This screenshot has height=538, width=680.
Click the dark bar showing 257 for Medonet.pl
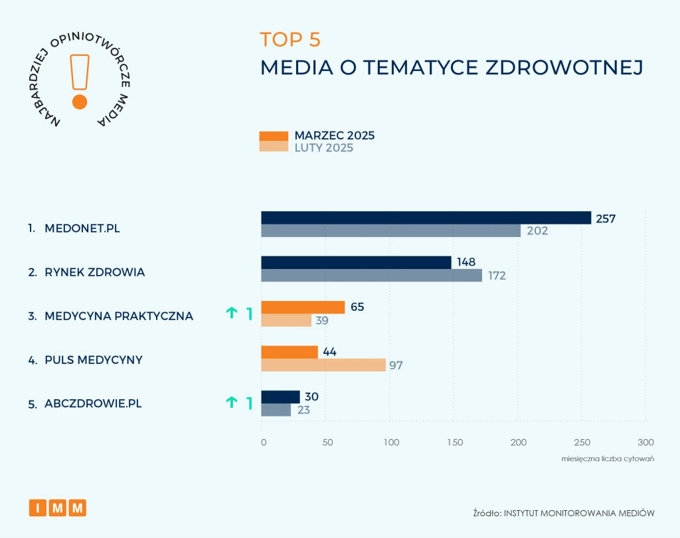426,218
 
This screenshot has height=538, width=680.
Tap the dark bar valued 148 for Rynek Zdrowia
356,262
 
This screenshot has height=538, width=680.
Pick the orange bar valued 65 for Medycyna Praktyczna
303,307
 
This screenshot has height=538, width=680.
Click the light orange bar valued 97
323,365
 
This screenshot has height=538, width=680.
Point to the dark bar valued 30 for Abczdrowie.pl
280,397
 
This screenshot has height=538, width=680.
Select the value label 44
329,352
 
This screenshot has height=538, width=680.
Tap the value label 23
303,410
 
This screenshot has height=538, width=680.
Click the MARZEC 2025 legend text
335,135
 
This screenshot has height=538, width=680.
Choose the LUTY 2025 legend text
324,148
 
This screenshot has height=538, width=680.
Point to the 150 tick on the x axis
454,442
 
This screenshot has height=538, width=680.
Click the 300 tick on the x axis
645,442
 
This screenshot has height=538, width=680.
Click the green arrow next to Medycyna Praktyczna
232,314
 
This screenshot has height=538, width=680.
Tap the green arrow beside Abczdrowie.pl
232,402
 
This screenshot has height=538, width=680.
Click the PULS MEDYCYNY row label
94,360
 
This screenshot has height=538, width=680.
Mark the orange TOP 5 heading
290,39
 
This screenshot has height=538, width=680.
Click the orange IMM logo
58,508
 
